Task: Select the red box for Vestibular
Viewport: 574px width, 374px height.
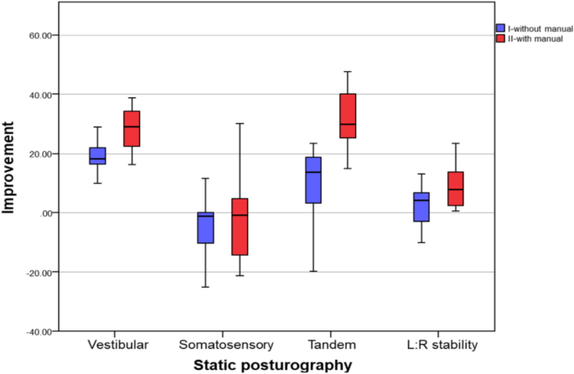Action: point(132,128)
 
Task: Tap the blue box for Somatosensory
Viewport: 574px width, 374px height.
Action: point(205,227)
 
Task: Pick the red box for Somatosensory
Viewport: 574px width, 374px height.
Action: point(240,226)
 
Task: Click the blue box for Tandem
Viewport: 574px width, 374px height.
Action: point(313,180)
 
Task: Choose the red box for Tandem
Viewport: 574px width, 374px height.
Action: point(347,116)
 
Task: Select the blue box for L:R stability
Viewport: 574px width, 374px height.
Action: point(421,207)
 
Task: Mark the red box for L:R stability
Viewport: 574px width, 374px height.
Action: point(456,189)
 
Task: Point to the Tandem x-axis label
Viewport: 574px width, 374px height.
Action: point(330,345)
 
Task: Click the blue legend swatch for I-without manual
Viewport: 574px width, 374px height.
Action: point(500,28)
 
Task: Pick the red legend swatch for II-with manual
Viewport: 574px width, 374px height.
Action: point(500,39)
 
